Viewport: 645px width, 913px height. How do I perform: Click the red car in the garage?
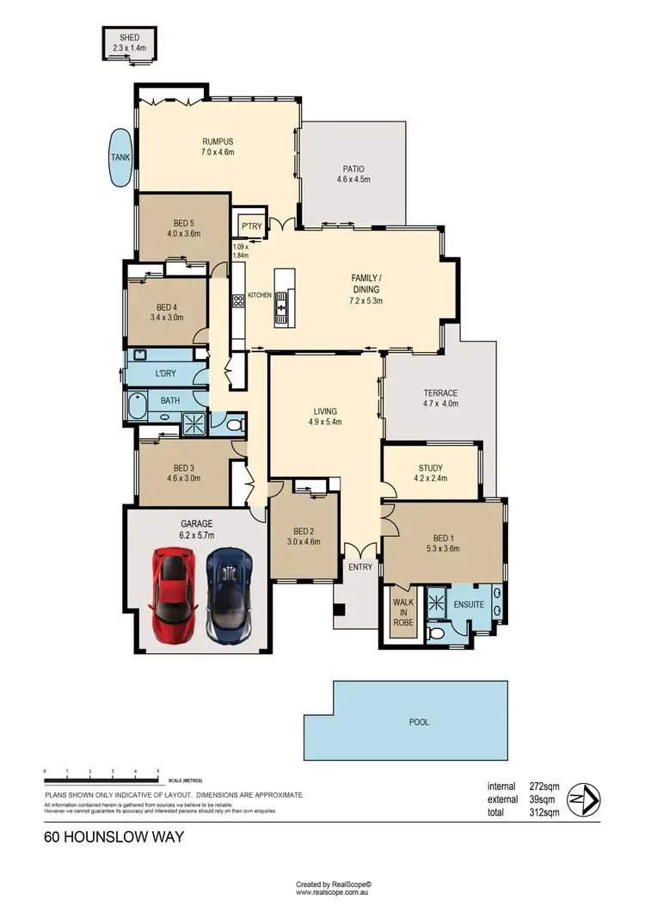coord(176,595)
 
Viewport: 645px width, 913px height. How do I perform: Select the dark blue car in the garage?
coord(228,595)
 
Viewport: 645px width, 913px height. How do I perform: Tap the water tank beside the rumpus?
coord(120,157)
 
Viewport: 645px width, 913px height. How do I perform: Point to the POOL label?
coord(419,722)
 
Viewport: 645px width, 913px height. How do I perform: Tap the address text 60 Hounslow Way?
coord(114,836)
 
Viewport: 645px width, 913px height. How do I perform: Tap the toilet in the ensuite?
coord(438,633)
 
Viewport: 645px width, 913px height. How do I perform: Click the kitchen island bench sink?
coord(284,300)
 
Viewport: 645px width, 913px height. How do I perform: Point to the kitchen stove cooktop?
coord(238,301)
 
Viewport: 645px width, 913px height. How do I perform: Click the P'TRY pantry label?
coord(251,226)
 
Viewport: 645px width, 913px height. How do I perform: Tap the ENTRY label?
coord(359,567)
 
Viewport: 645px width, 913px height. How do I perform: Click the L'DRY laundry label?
coord(166,374)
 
